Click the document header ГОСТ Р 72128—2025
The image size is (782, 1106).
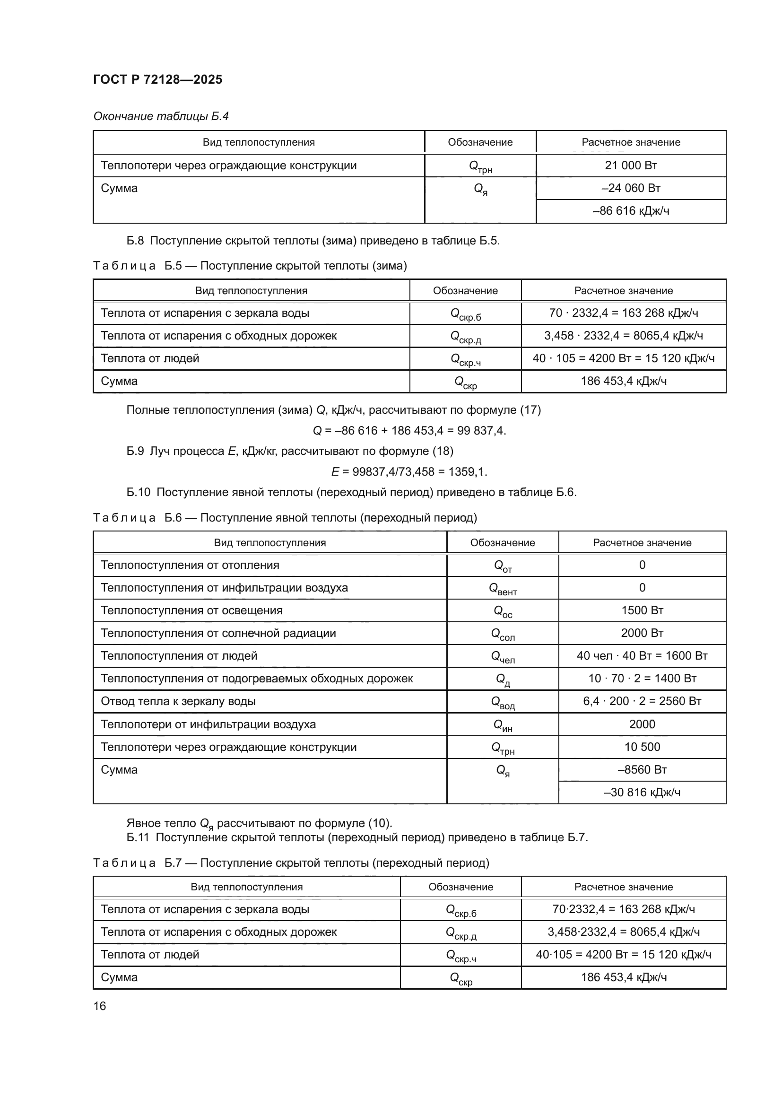[x=157, y=79]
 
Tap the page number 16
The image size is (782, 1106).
[x=100, y=1006]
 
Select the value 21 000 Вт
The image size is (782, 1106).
[x=631, y=165]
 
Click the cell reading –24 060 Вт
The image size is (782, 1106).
[x=631, y=188]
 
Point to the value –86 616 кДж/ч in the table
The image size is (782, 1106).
[x=631, y=210]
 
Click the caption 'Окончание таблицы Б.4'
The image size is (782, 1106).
[x=161, y=116]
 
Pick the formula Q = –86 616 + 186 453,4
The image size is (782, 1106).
[x=409, y=430]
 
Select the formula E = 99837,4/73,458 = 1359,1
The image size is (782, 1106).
[x=409, y=471]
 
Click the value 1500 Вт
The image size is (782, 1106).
[x=642, y=610]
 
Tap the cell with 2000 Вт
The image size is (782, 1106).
[x=642, y=633]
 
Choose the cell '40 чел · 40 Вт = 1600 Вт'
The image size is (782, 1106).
[x=642, y=655]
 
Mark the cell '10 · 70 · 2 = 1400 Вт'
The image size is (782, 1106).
[x=642, y=678]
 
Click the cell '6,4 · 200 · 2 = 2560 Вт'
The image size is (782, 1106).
[x=642, y=701]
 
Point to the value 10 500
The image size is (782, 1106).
[x=642, y=747]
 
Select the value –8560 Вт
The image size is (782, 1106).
[x=642, y=769]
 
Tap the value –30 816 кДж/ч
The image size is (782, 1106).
[x=642, y=792]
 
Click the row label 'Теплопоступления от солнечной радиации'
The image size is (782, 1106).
[x=218, y=633]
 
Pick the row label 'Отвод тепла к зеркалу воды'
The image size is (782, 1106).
[x=178, y=701]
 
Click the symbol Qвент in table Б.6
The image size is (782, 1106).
[x=503, y=589]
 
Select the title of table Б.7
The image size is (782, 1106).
[x=291, y=863]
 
